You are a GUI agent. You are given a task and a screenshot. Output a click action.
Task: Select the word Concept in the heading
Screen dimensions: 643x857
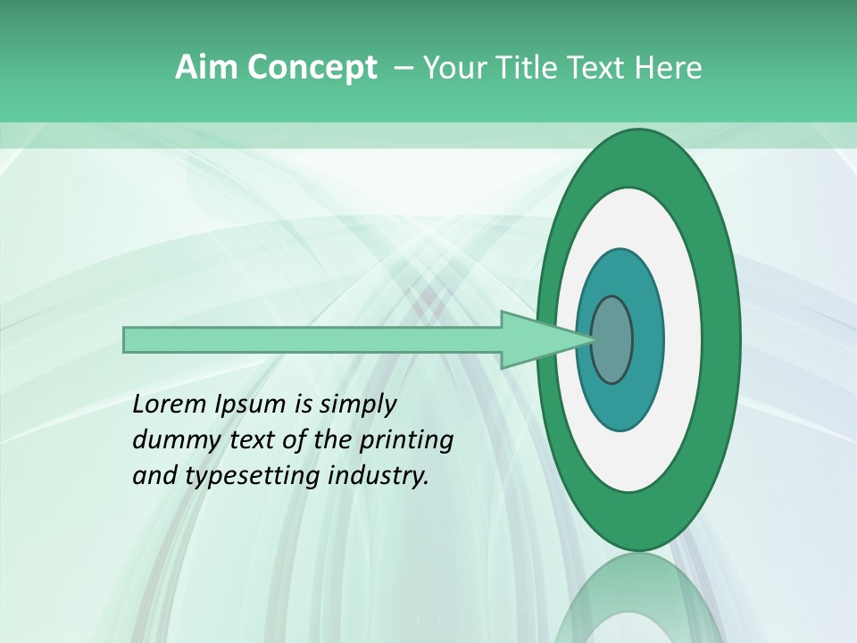point(312,67)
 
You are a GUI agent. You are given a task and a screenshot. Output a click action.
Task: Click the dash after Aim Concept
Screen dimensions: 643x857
point(402,69)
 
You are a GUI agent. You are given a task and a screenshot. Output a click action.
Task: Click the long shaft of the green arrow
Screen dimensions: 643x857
point(312,340)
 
